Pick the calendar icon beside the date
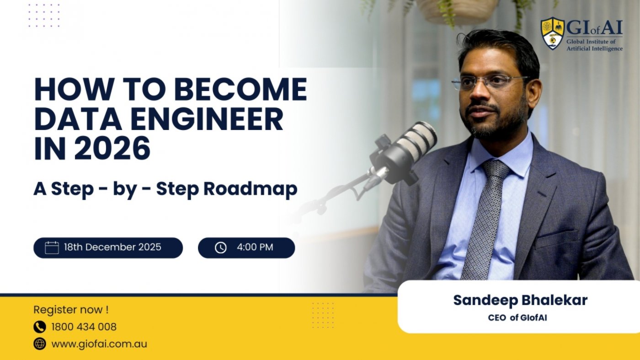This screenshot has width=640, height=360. coord(52,247)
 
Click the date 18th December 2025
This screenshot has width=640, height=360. coord(112,247)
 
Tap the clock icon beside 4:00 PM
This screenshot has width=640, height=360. coord(221,247)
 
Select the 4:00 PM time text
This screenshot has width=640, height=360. coord(255,247)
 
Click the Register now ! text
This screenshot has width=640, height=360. coord(71,310)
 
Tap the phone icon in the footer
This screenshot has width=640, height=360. coord(40,327)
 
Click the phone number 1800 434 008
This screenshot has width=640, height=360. coord(84,327)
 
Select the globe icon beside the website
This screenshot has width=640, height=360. coord(40,344)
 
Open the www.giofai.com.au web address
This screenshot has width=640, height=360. coord(99,344)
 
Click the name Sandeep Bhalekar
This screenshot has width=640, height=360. coord(520,301)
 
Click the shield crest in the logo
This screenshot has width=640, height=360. coord(552,33)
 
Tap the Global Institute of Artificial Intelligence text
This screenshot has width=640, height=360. coord(594,45)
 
